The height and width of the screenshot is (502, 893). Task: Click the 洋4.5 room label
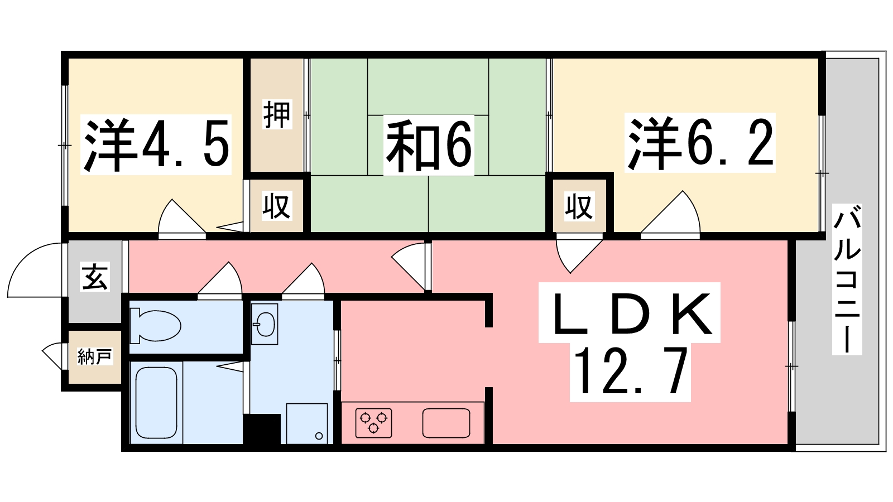tap(156, 145)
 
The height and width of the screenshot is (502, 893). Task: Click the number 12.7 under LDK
tap(630, 371)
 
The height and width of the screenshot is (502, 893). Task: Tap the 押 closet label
tap(277, 114)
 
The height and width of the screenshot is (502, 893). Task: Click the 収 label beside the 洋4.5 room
tap(277, 206)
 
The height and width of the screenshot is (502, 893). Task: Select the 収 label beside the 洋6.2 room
tap(578, 206)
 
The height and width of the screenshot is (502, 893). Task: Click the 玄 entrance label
tap(95, 277)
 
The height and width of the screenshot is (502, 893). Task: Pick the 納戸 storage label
tap(95, 356)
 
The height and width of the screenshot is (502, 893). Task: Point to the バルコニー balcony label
tap(847, 279)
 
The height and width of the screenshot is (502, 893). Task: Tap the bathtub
tap(156, 402)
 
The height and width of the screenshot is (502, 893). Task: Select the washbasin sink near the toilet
tap(265, 324)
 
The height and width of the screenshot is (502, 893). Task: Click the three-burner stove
tap(373, 423)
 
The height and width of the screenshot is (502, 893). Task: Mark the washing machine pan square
tap(307, 423)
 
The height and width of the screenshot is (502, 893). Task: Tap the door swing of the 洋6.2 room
tap(673, 215)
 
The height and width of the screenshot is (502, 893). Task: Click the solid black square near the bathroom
tap(262, 429)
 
